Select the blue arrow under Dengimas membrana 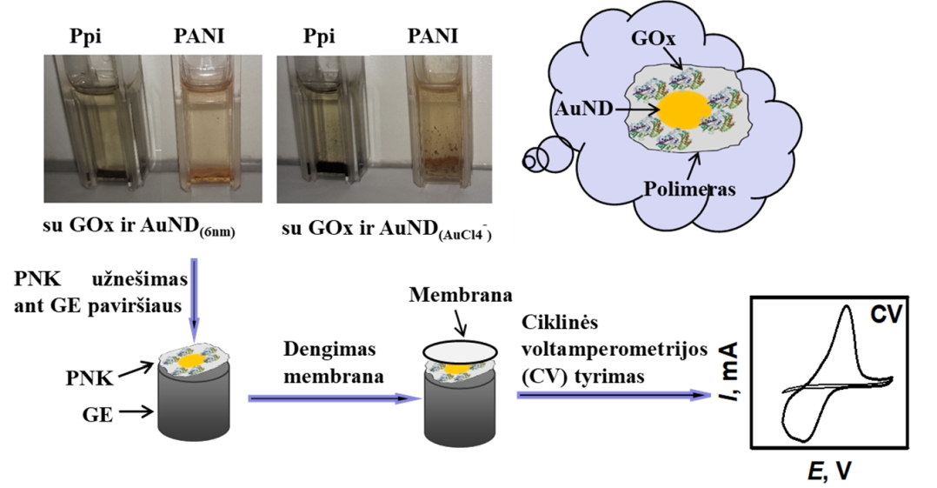[328, 398]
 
